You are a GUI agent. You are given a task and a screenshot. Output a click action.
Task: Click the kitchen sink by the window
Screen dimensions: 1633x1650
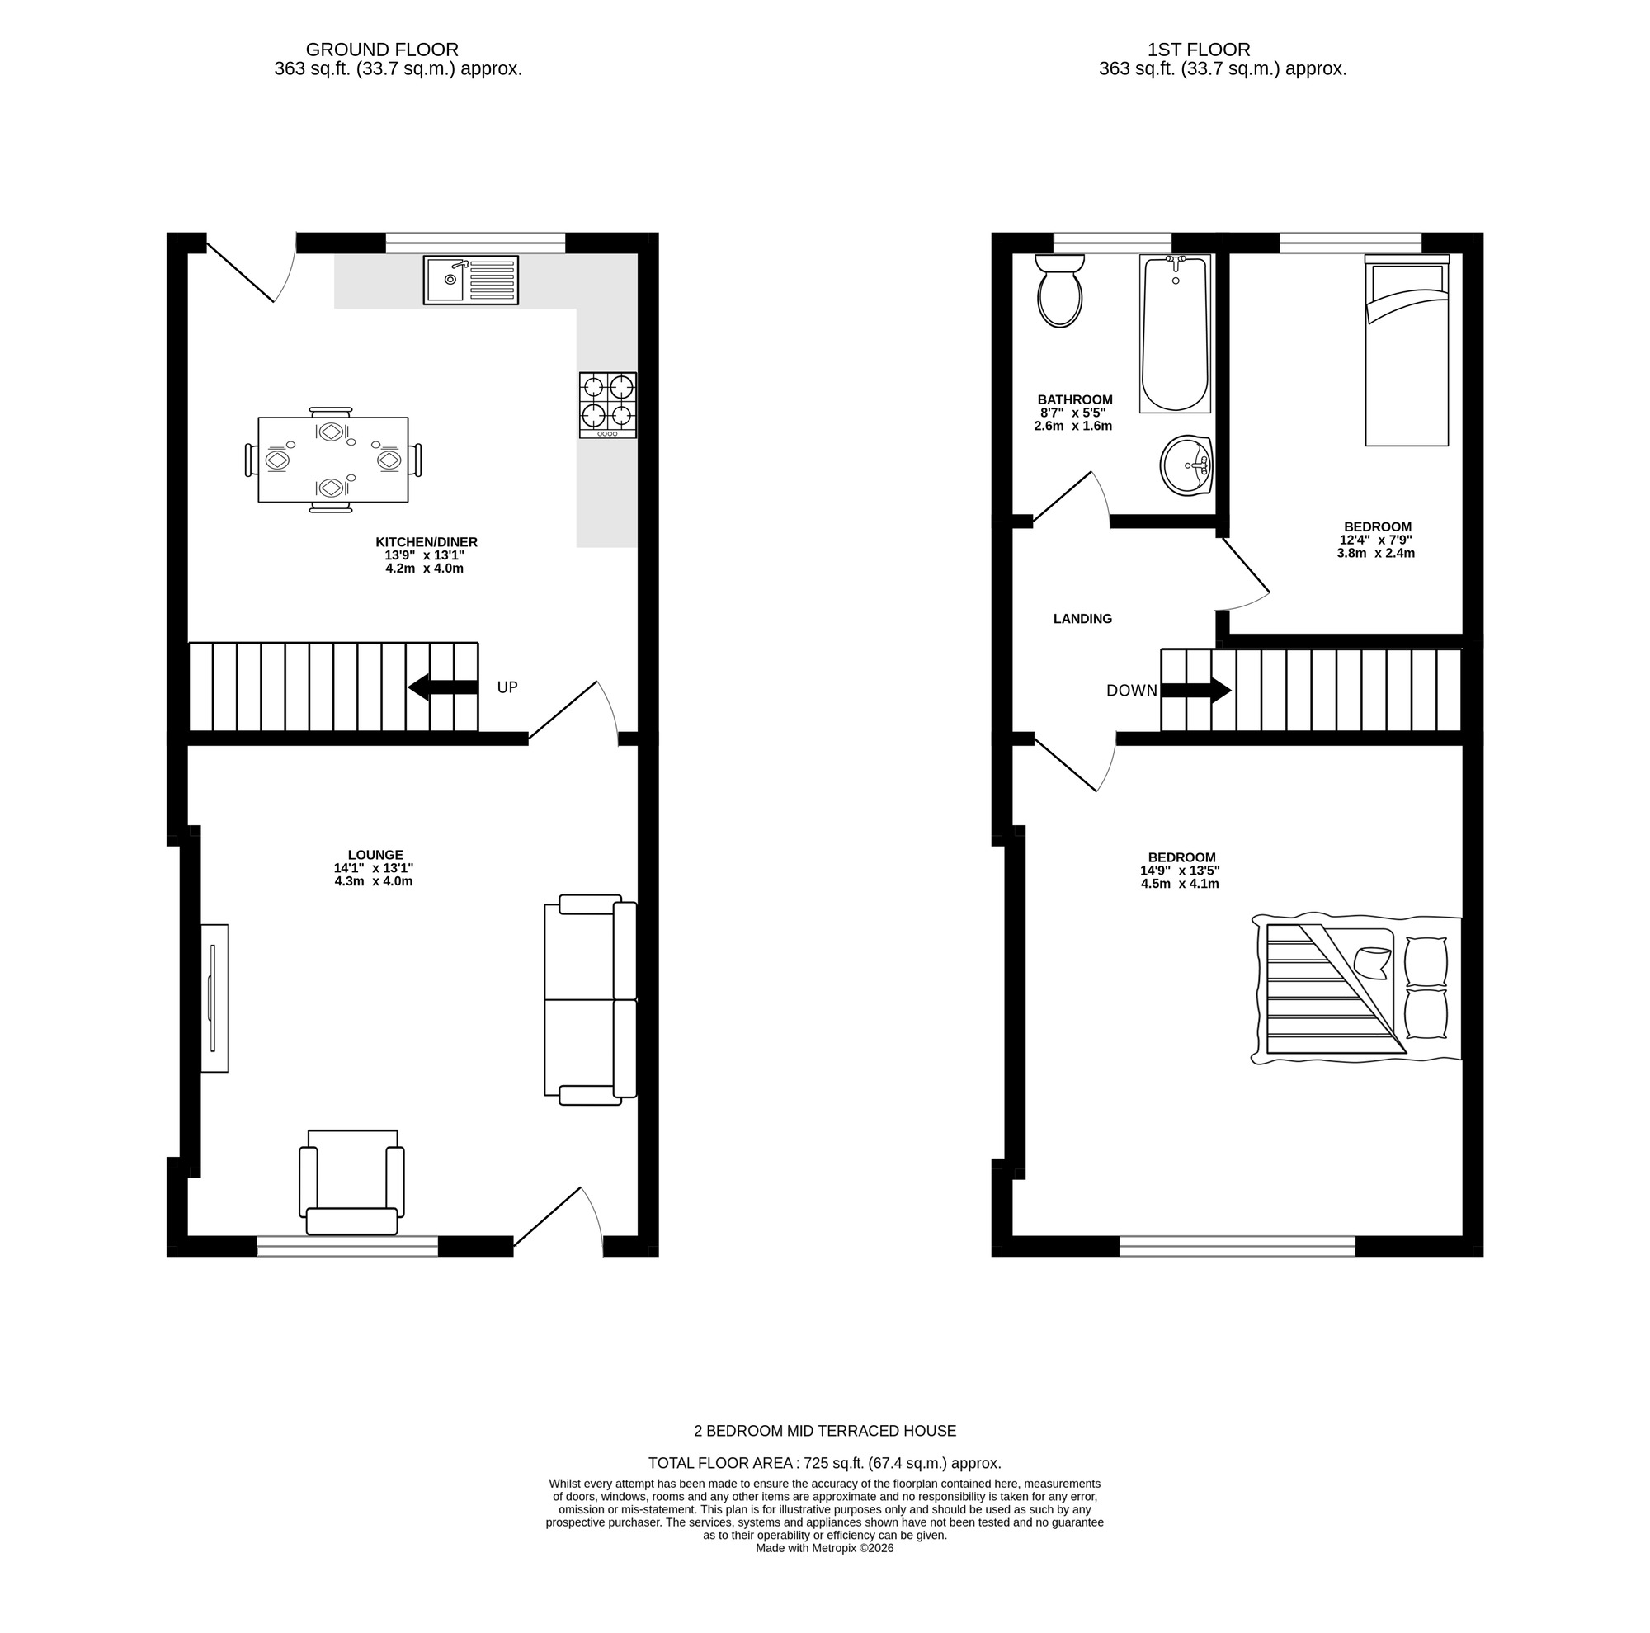pos(470,279)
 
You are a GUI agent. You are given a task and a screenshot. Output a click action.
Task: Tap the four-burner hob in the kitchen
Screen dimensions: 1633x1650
pos(608,405)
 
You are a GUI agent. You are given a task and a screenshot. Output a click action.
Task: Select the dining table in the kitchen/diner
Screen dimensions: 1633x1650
pos(333,460)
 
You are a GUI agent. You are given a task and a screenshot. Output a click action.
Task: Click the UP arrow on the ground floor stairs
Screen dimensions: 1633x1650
pos(442,687)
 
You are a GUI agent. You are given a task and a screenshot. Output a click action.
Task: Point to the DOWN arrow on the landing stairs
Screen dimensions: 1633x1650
pos(1195,690)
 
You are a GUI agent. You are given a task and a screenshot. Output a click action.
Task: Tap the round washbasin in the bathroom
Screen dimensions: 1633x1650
pos(1187,465)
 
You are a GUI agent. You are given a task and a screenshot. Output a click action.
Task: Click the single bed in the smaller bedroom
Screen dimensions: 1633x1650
pos(1407,350)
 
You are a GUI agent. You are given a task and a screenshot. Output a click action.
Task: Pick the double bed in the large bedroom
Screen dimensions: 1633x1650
pos(1356,990)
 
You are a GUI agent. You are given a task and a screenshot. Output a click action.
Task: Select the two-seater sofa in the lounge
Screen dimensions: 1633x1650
pos(590,1000)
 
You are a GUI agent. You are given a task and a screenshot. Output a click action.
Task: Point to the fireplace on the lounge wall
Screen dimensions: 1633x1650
pos(214,998)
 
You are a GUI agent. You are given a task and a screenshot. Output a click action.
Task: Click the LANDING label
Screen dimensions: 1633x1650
pos(1083,619)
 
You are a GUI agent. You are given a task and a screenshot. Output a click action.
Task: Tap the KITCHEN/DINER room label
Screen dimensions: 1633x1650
pos(427,542)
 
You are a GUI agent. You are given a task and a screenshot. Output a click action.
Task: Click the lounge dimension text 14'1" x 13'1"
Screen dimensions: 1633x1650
pos(373,869)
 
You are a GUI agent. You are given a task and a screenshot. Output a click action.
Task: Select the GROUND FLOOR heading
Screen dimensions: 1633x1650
pos(382,50)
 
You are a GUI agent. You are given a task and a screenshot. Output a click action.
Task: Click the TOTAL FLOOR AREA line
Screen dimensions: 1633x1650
pos(824,1463)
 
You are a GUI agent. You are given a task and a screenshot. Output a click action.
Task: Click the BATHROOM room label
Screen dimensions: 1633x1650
pos(1075,399)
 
